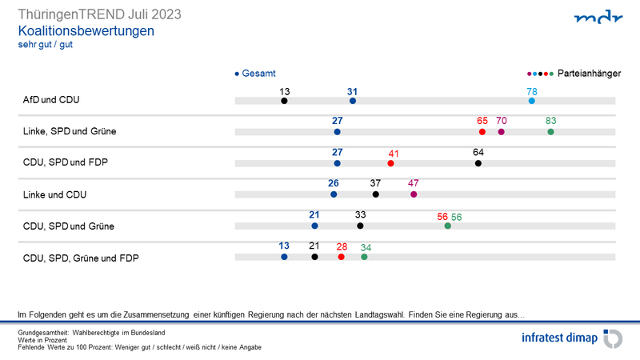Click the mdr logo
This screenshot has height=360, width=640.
click(597, 17)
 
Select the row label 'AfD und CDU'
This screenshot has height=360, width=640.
click(51, 101)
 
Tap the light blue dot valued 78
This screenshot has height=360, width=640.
click(532, 101)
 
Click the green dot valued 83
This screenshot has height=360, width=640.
click(550, 132)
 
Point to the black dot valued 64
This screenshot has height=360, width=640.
click(478, 163)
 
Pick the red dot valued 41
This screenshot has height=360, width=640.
click(390, 163)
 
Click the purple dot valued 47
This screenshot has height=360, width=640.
click(414, 194)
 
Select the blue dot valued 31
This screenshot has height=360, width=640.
click(353, 101)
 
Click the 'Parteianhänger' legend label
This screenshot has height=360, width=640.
click(590, 73)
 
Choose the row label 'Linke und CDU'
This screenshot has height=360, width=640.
click(54, 194)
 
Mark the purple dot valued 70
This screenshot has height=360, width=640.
click(501, 132)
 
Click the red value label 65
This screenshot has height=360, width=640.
click(482, 121)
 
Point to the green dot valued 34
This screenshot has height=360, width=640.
click(364, 257)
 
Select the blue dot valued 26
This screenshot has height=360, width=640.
click(334, 194)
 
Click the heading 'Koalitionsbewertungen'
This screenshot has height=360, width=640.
click(86, 30)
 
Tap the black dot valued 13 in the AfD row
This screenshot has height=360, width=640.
click(284, 101)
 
